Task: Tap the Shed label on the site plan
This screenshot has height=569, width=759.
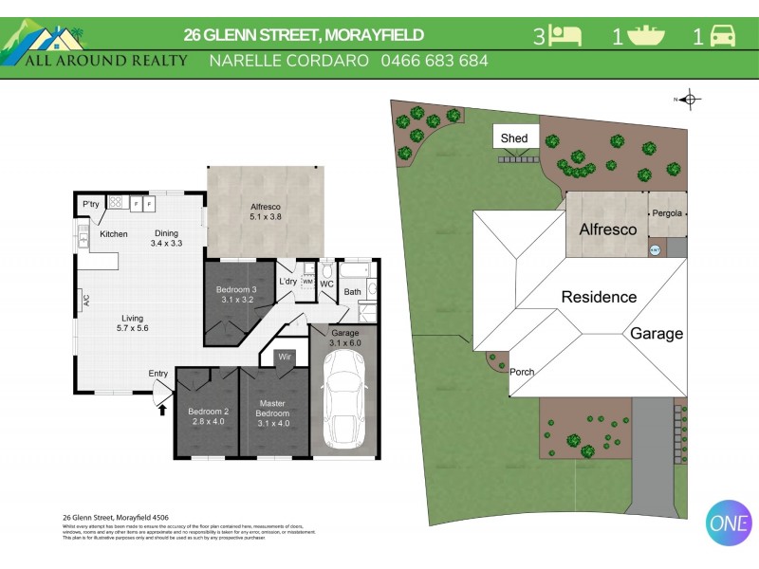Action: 514,138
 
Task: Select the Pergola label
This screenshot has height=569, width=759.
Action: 667,213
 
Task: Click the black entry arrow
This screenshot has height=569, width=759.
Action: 160,409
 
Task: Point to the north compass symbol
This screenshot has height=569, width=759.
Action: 690,99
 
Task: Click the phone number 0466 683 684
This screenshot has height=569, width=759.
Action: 434,61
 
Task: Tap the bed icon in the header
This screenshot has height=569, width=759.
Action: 566,37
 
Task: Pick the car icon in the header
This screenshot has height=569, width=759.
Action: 723,37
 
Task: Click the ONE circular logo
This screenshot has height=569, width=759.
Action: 729,522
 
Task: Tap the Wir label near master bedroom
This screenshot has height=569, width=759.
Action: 284,358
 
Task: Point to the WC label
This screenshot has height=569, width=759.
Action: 326,283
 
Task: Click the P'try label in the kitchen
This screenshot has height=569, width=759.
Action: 91,204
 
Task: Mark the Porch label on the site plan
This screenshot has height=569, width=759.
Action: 522,372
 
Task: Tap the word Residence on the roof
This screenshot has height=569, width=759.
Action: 599,297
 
